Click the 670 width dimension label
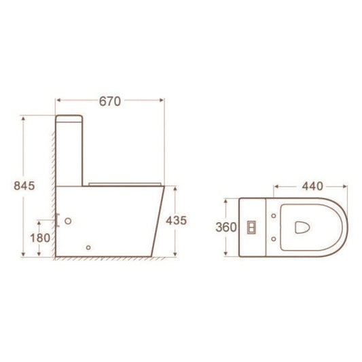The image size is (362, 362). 109,102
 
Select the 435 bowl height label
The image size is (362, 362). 176,220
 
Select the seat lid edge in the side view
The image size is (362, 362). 125,183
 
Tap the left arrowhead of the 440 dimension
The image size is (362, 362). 275,184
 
